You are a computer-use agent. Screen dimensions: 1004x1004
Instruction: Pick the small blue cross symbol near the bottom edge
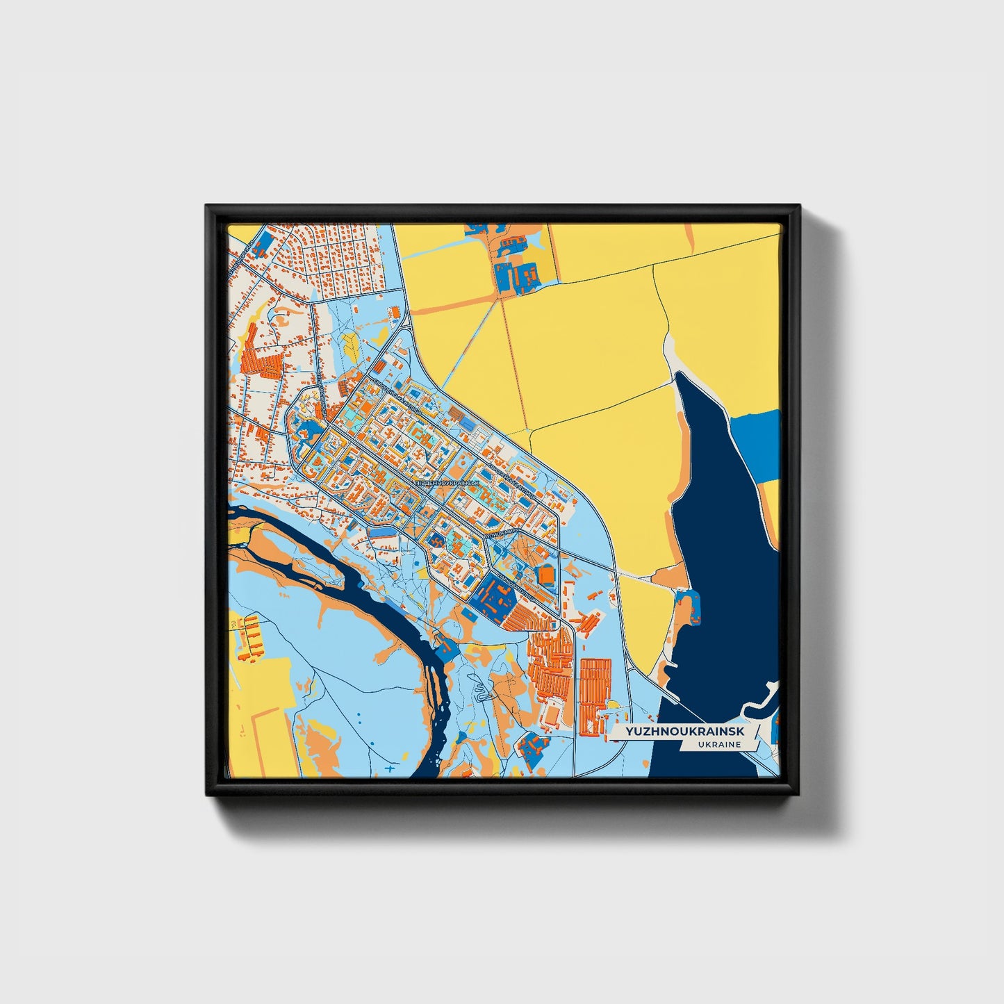coord(390,769)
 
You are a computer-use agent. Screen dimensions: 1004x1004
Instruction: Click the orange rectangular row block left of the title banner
coord(595,695)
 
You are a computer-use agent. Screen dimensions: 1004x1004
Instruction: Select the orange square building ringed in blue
coord(547,575)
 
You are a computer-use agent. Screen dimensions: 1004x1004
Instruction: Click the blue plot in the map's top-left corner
coord(263,244)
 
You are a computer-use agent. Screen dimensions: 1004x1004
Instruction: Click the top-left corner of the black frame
coord(207,206)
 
